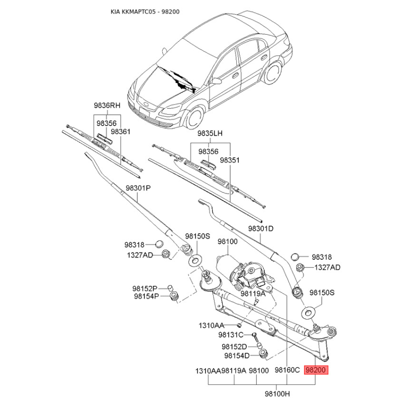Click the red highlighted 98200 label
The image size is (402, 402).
click(x=316, y=370)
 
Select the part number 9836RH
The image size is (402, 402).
click(x=107, y=106)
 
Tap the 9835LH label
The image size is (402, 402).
click(x=210, y=133)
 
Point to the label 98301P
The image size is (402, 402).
click(x=138, y=188)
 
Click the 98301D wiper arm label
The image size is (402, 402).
click(x=261, y=229)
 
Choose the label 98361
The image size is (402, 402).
click(x=121, y=132)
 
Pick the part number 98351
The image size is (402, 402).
click(x=230, y=160)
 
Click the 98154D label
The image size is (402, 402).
click(x=237, y=356)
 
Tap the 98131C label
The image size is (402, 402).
click(x=231, y=335)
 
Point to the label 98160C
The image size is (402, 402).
click(x=287, y=370)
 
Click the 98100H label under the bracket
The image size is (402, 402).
click(x=277, y=393)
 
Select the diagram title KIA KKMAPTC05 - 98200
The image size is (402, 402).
click(x=145, y=12)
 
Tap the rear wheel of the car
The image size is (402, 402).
click(x=273, y=73)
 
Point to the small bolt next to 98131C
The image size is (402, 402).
click(x=255, y=337)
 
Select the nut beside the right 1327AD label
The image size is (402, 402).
click(x=298, y=268)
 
